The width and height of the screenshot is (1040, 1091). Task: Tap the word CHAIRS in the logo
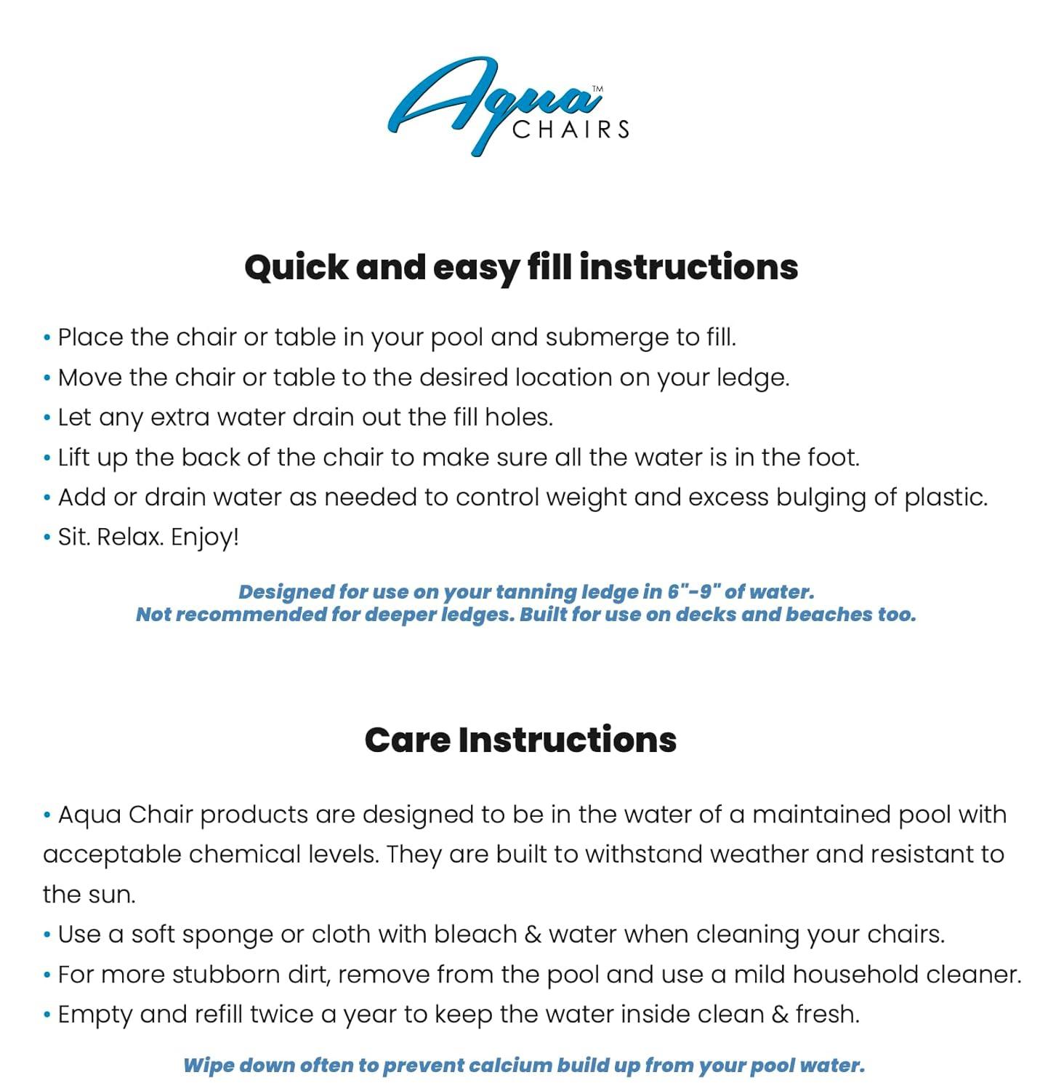(571, 130)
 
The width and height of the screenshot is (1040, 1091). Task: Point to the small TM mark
(597, 89)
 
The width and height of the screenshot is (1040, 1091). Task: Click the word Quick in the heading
(296, 268)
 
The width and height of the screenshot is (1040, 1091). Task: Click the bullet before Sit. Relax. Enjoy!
(47, 537)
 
